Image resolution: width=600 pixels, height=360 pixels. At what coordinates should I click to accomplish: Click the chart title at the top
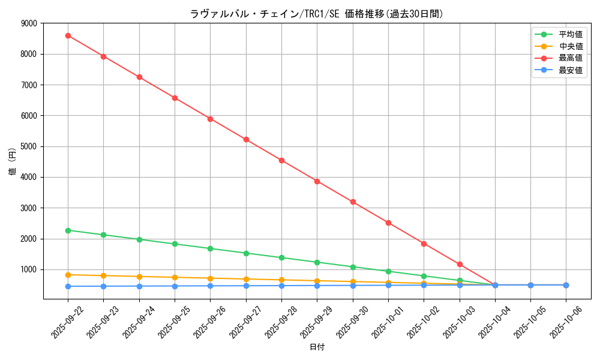click(317, 14)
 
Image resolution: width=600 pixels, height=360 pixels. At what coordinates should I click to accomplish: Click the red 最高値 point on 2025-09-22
click(68, 35)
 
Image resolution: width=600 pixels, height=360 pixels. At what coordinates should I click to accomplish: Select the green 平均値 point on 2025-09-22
click(68, 230)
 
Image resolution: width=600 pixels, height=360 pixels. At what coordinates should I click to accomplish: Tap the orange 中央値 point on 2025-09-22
click(68, 275)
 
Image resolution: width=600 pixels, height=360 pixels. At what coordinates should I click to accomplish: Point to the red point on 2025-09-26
click(210, 119)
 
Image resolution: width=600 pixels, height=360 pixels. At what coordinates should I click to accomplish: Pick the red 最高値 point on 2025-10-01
click(388, 223)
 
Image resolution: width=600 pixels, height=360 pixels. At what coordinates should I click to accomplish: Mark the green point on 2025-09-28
click(281, 257)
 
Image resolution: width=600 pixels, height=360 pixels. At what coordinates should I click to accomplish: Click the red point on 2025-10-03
click(460, 264)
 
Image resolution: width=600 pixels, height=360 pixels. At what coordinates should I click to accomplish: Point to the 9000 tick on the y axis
click(29, 23)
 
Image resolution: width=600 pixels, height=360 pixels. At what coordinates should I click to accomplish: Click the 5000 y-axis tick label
click(29, 146)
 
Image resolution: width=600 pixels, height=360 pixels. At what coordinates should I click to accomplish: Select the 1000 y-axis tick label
click(29, 269)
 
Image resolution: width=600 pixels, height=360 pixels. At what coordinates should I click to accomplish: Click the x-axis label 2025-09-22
click(67, 321)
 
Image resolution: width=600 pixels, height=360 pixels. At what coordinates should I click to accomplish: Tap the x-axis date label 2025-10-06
click(565, 321)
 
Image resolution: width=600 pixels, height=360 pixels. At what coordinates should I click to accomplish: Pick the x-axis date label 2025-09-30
click(352, 321)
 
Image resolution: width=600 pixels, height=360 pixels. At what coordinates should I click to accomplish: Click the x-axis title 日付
click(317, 347)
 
